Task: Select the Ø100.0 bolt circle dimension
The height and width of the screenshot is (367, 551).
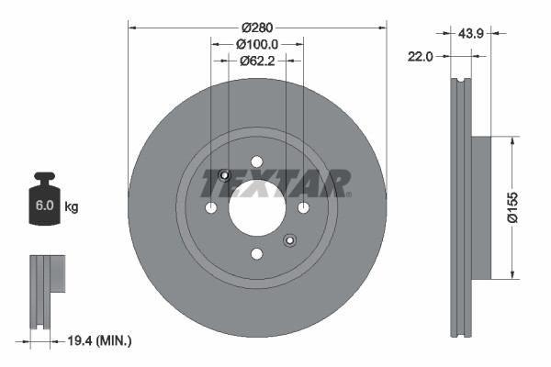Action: coord(257,43)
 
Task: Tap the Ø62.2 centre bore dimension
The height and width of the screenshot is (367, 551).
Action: coord(257,61)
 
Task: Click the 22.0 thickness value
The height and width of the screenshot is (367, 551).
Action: coord(420,56)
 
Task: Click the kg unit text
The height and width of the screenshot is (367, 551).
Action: coord(72,207)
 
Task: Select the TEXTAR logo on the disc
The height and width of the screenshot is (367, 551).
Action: coord(275,183)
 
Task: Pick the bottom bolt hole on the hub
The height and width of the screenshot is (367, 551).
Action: coord(257,252)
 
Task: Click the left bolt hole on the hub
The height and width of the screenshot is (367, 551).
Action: coord(211,207)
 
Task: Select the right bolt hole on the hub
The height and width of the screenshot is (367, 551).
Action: coord(303,207)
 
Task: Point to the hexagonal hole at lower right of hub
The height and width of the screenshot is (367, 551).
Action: coord(289,240)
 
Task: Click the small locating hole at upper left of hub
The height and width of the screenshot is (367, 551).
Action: coord(225,174)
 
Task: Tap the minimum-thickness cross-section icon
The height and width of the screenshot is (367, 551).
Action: coord(45,289)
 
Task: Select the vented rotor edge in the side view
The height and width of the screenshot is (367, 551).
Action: coord(460,209)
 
